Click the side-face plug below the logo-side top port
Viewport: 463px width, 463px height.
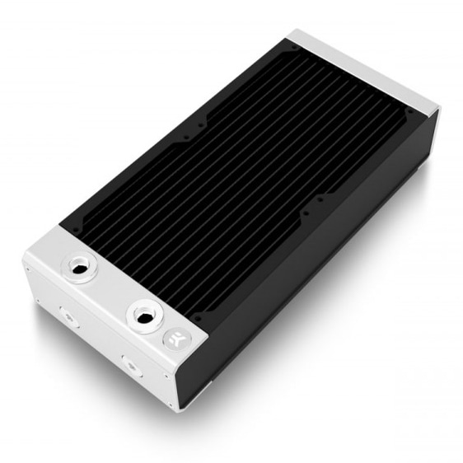pos(129,362)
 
